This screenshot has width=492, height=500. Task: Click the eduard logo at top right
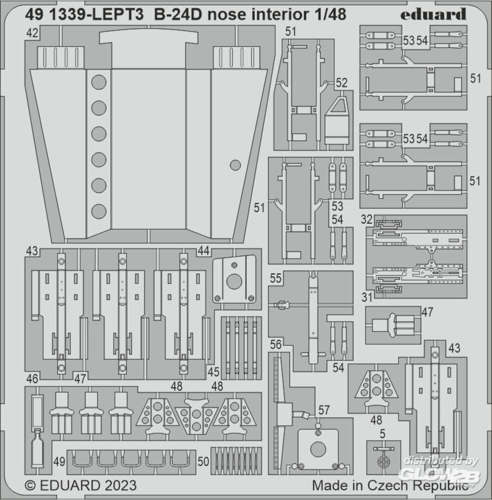(433, 14)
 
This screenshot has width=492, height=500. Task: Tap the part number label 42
(33, 34)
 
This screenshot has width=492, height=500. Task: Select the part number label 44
(203, 252)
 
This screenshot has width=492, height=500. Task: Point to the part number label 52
(342, 83)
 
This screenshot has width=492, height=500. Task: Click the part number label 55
(276, 279)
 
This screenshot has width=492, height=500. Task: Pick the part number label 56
(276, 344)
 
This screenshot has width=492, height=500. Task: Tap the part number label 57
(324, 410)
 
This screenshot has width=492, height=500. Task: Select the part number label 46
(32, 378)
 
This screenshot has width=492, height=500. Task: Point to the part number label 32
(366, 219)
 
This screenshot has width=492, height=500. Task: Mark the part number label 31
(366, 297)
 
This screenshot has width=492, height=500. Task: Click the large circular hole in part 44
(233, 281)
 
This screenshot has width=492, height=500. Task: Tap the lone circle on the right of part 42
(235, 165)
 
